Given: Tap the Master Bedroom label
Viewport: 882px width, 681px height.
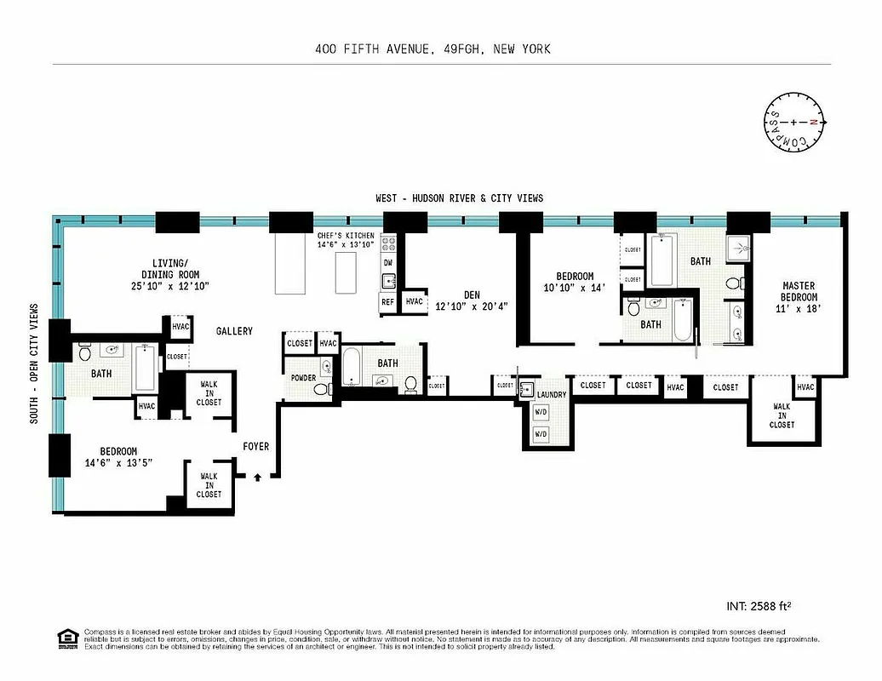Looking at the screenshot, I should point(799,297).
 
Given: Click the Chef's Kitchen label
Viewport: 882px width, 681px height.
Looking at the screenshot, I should point(346,239).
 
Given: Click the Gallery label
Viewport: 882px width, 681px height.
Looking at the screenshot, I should point(234,331).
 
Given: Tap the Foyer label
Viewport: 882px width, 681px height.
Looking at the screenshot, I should point(255,446).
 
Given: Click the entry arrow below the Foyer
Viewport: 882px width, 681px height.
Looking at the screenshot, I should point(257,478).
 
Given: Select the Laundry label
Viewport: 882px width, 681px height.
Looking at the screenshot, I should point(552,395).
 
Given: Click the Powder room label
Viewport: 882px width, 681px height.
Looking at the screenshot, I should point(303,378).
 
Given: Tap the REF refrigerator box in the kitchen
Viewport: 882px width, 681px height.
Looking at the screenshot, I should point(387,301).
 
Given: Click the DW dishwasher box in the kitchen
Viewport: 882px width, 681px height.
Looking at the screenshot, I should point(387,263).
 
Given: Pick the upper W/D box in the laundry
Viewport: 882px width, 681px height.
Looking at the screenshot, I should point(540,413).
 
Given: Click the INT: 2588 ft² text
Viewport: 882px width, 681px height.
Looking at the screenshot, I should point(765,607).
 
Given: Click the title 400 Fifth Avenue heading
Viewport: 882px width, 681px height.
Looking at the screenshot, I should point(432,49).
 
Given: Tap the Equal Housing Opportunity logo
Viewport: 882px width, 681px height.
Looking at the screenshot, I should point(66,638).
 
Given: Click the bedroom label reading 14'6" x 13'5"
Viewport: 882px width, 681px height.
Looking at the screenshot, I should point(118,457).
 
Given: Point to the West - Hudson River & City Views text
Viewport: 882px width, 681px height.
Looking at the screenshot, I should point(459,198).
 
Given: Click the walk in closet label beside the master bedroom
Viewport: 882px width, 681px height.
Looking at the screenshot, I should point(782,415).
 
